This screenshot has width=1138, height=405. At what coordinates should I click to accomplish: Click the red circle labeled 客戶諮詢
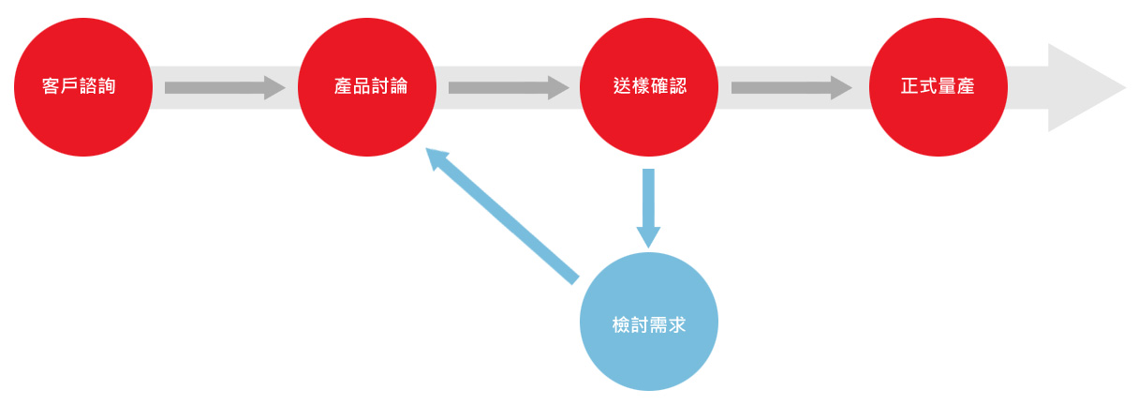point(83,87)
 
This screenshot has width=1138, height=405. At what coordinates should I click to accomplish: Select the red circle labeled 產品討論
point(367,87)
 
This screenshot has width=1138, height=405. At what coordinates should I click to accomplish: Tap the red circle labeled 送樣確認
point(649,87)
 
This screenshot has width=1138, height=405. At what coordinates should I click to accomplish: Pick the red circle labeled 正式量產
point(938,87)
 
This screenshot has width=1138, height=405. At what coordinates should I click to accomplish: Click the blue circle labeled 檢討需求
point(649,322)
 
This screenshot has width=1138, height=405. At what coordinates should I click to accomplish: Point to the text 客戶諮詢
point(79,86)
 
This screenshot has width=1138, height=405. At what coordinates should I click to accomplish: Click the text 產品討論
point(371,86)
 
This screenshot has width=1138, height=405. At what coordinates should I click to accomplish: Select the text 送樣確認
point(650,86)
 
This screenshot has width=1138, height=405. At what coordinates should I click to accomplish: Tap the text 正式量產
point(938,86)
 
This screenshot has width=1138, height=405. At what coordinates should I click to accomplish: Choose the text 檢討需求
point(649,324)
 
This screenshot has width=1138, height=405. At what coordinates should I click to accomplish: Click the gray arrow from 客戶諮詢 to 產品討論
point(225,87)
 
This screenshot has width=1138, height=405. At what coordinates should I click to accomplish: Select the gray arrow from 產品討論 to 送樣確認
point(509,87)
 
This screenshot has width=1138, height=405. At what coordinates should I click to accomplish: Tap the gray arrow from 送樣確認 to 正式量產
point(791,87)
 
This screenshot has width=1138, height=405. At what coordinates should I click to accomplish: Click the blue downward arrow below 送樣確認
point(648,209)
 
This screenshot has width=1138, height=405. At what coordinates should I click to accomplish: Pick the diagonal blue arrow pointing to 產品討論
point(502,216)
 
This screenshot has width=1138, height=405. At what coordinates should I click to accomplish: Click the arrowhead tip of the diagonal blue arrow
point(426,148)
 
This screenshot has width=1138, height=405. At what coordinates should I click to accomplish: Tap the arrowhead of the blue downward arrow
point(648,237)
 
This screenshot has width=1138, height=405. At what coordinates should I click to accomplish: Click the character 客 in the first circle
point(51,86)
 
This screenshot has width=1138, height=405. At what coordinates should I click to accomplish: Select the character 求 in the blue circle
point(676,324)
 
